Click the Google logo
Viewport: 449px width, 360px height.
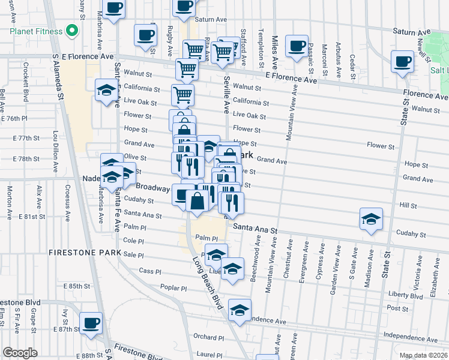pyautogui.click(x=20, y=352)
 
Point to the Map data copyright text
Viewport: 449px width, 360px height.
pyautogui.click(x=423, y=355)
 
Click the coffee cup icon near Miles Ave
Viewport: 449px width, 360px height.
pyautogui.click(x=297, y=46)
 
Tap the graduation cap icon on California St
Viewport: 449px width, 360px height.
pyautogui.click(x=106, y=90)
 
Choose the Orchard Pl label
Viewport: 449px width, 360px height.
pyautogui.click(x=204, y=337)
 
